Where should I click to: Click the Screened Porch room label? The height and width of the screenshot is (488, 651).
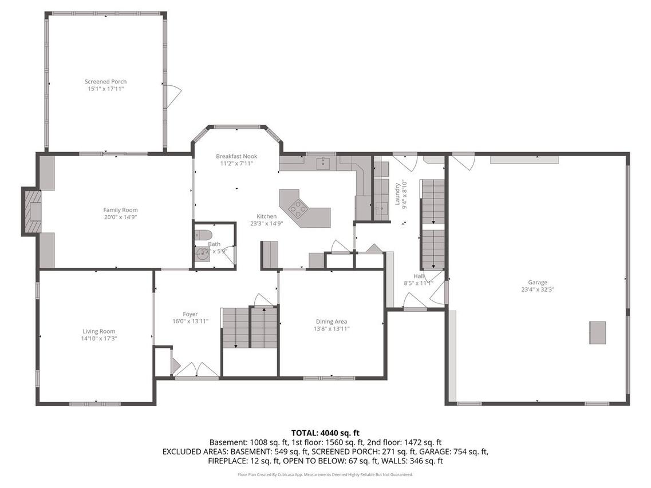[x=105, y=82]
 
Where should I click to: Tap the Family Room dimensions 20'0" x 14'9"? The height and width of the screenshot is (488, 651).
[x=120, y=217]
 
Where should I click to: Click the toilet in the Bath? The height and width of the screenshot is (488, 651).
[x=203, y=235]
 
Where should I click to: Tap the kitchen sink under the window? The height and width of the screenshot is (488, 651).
[x=323, y=164]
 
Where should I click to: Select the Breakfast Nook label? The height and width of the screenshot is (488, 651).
[x=236, y=156]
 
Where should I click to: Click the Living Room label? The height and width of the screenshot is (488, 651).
[x=99, y=331]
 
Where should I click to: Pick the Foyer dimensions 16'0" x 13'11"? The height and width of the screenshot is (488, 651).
[x=190, y=322]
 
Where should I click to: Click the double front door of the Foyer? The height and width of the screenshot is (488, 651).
[x=196, y=370]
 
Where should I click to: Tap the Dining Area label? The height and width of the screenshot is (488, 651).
[x=332, y=322]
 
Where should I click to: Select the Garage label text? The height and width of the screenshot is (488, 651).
[x=537, y=282]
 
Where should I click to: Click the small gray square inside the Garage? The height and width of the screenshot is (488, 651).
[x=597, y=332]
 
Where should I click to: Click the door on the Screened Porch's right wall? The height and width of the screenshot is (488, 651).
[x=172, y=95]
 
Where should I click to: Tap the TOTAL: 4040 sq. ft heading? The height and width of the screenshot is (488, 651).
[x=325, y=433]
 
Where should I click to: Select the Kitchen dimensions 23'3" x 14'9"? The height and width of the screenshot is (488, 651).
[x=266, y=224]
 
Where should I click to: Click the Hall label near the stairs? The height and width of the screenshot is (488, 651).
[x=418, y=276]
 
